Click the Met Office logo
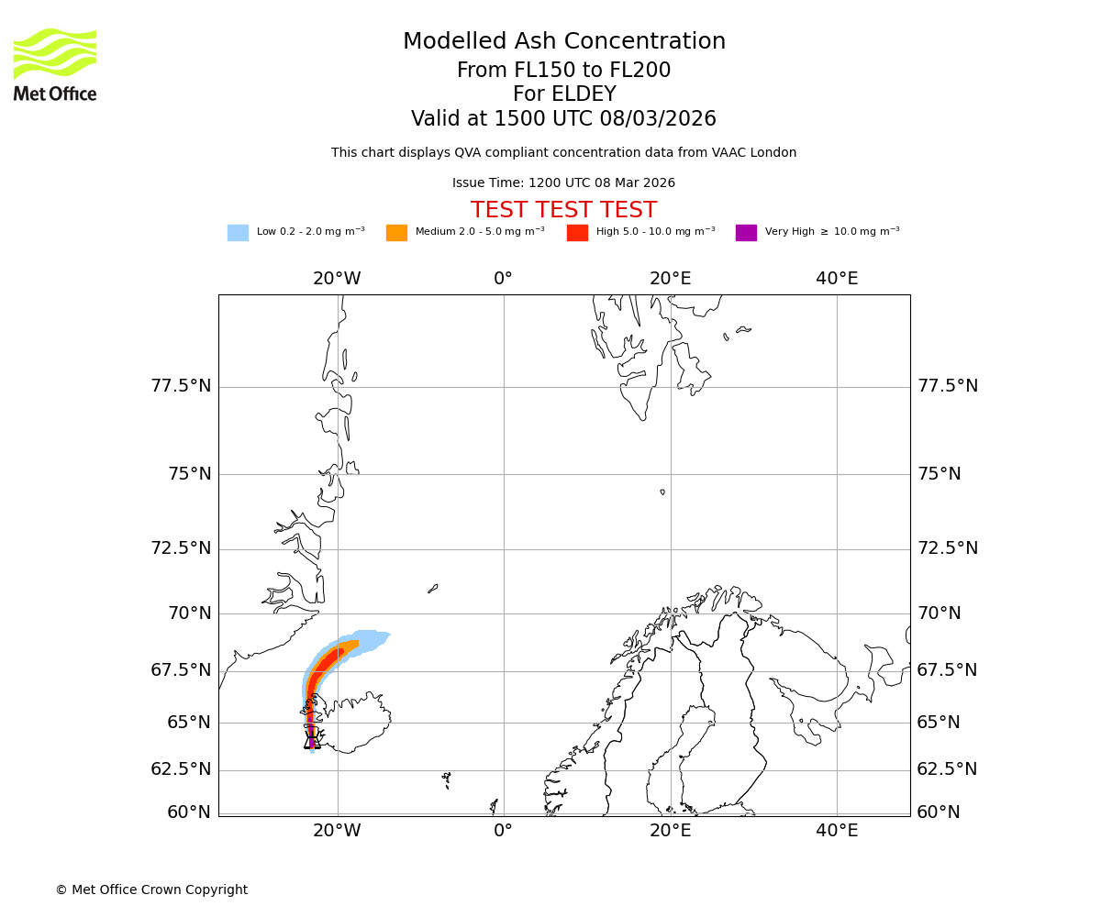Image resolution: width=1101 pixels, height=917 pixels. pos(55,64)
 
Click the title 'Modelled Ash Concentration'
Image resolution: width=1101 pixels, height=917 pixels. pos(563,42)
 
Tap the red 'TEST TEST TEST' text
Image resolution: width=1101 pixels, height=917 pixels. pos(563,211)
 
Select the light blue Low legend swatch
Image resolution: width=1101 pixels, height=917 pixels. pos(238,233)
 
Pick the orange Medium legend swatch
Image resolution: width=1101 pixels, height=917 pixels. pos(396,233)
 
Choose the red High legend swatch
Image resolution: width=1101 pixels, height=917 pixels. pos(577,233)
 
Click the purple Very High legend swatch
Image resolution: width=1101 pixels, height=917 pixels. pos(746,233)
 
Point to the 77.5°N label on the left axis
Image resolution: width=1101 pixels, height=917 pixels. pos(181,386)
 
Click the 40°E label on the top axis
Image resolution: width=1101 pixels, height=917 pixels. pos(837,279)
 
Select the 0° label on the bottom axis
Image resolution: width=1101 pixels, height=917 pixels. pos(503,831)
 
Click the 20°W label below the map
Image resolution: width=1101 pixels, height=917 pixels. pos(337,831)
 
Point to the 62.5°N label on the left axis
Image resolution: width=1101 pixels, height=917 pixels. pos(181,769)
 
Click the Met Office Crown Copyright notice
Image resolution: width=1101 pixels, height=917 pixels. pos(151,890)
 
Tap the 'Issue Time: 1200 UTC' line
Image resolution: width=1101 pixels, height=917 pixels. pos(563,183)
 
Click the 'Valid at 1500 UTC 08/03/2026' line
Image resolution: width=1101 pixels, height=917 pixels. pos(563,119)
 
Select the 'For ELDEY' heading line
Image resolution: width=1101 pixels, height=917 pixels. pos(563,94)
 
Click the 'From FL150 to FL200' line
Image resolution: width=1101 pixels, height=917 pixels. pos(563,71)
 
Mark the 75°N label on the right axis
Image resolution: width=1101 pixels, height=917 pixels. pos(940,474)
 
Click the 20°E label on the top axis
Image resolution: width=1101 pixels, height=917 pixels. pos(670,279)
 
